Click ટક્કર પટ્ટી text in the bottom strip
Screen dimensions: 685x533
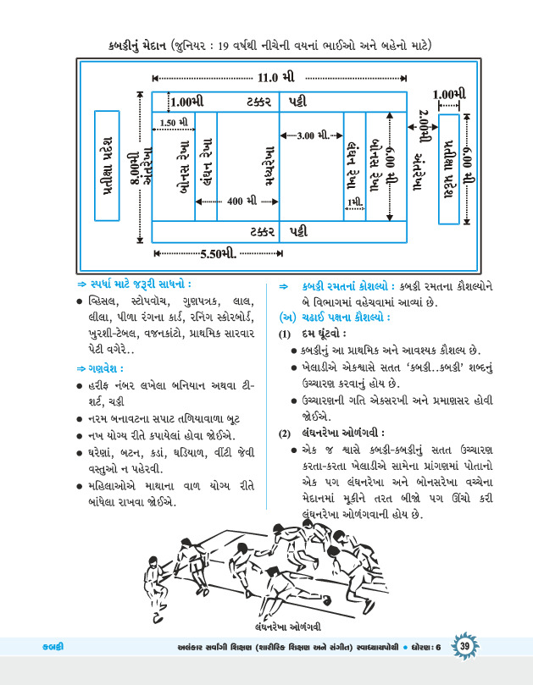279,230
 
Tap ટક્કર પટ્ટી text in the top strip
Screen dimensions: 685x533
279,102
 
